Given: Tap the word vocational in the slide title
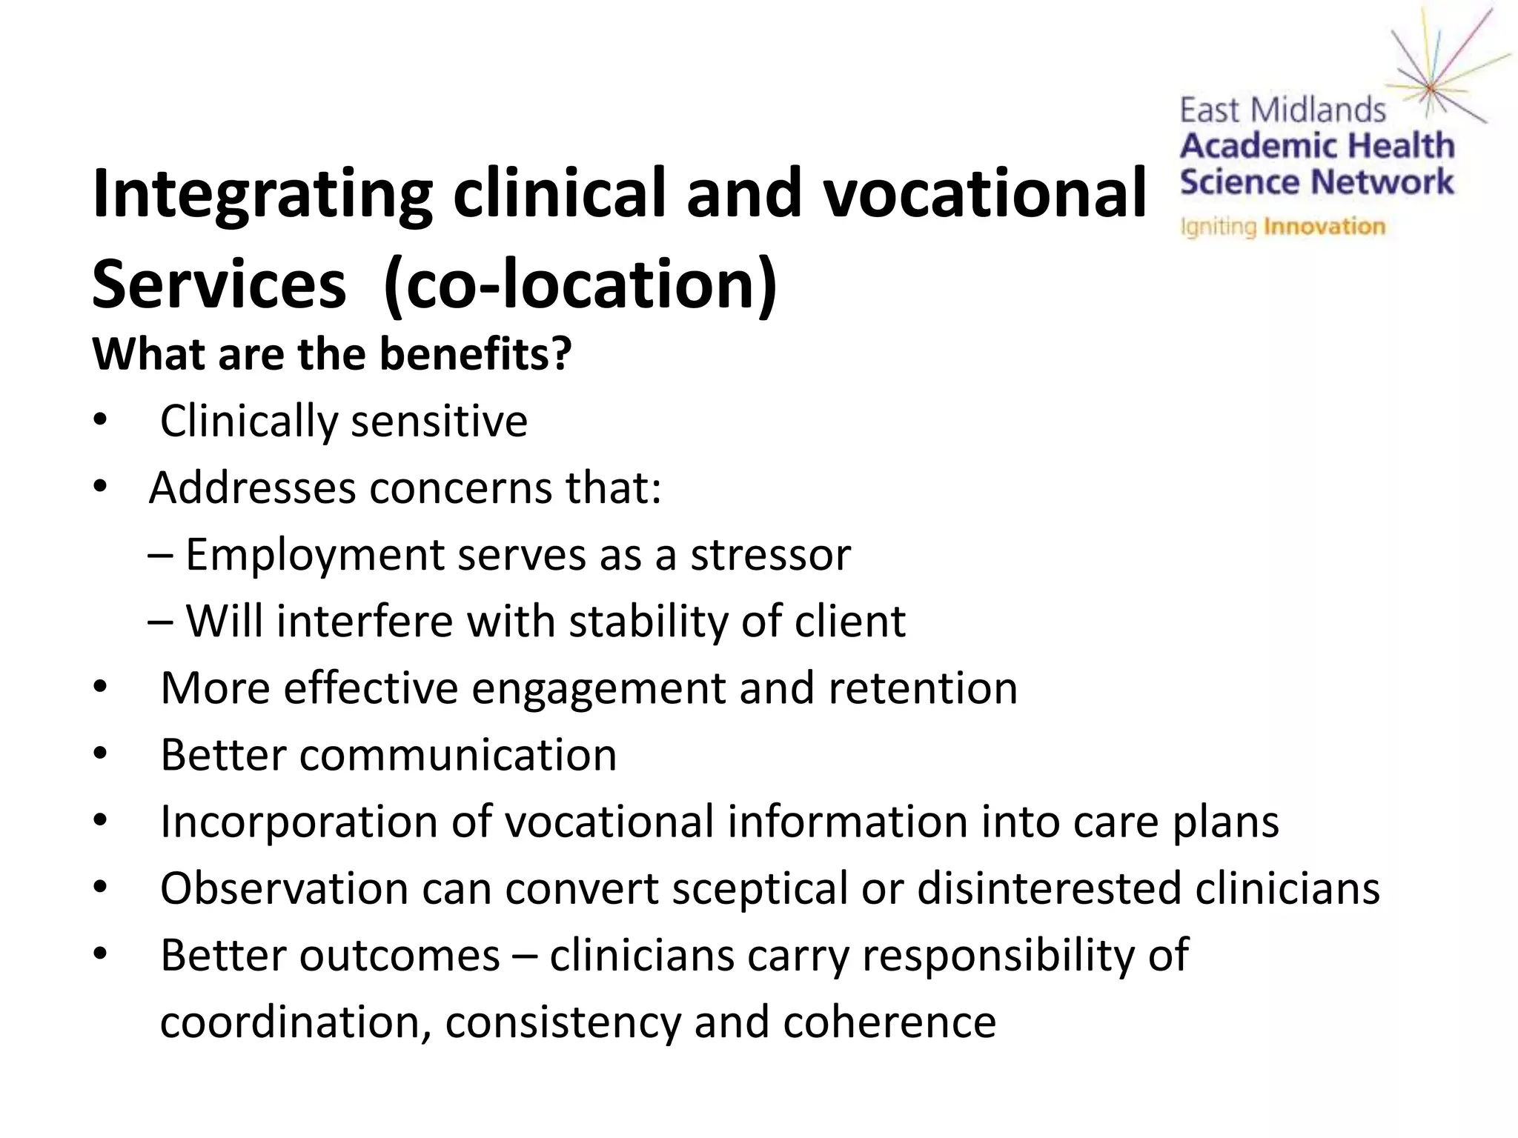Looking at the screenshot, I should coord(986,194).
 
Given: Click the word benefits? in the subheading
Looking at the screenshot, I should coord(475,354).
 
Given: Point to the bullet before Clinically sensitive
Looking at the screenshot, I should coord(100,422).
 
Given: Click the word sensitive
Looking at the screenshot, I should coord(439,421).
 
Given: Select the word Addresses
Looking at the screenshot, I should coord(253,488).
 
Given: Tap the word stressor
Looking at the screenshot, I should coord(771,555).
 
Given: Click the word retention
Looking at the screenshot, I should coord(923,688).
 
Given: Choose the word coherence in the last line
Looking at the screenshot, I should coord(889,1022).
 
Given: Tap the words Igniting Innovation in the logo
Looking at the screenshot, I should coord(1282,226).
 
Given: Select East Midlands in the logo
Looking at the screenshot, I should coord(1282,111).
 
